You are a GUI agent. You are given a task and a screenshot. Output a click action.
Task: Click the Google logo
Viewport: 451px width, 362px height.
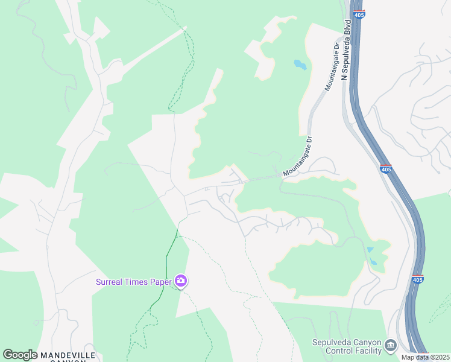(20, 355)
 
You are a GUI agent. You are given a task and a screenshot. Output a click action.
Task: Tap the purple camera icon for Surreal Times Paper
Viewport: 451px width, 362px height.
(180, 281)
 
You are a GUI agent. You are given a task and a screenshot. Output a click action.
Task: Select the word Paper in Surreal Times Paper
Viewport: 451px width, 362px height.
(159, 282)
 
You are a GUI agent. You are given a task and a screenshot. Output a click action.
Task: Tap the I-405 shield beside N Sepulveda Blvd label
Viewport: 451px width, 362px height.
(359, 13)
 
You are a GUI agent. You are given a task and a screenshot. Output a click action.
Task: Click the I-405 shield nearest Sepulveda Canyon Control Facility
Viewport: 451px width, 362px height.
(418, 279)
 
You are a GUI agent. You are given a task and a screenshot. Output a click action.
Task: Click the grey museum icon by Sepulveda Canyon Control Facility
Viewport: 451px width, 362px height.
(390, 345)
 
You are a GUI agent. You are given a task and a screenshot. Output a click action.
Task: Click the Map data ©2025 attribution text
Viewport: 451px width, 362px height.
(425, 357)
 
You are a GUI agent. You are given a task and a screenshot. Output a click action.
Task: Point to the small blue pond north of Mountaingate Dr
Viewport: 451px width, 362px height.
(300, 64)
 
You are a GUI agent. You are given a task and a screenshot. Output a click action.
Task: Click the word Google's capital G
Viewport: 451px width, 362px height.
(8, 355)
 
